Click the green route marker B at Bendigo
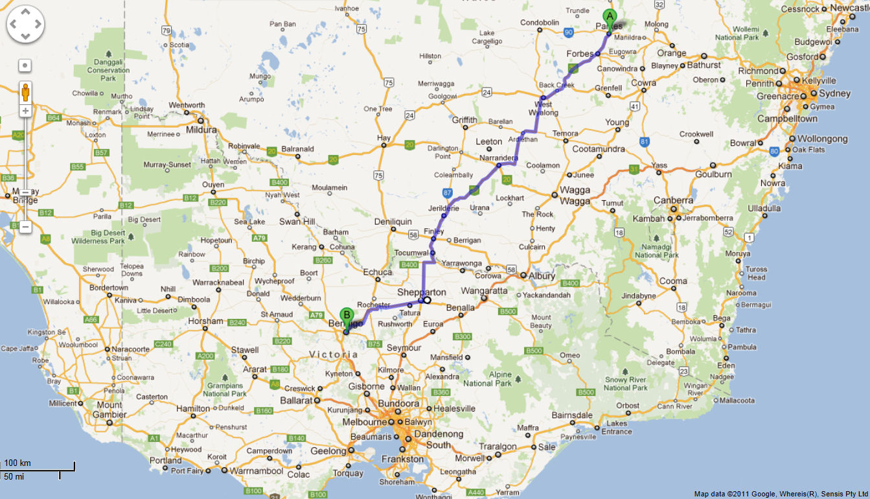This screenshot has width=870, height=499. (x=347, y=316)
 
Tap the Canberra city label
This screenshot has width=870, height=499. (x=674, y=200)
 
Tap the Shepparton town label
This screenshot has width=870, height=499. (x=422, y=292)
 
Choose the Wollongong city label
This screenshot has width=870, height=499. (x=823, y=139)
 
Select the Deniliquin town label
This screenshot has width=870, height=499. (x=393, y=221)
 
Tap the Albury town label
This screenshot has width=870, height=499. (x=542, y=276)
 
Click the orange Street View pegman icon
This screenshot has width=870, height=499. (x=25, y=92)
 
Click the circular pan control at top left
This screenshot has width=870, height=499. (x=25, y=25)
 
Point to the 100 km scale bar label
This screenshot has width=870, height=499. (x=17, y=463)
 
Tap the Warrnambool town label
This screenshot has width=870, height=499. (x=257, y=471)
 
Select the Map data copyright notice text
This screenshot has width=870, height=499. (x=781, y=494)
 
